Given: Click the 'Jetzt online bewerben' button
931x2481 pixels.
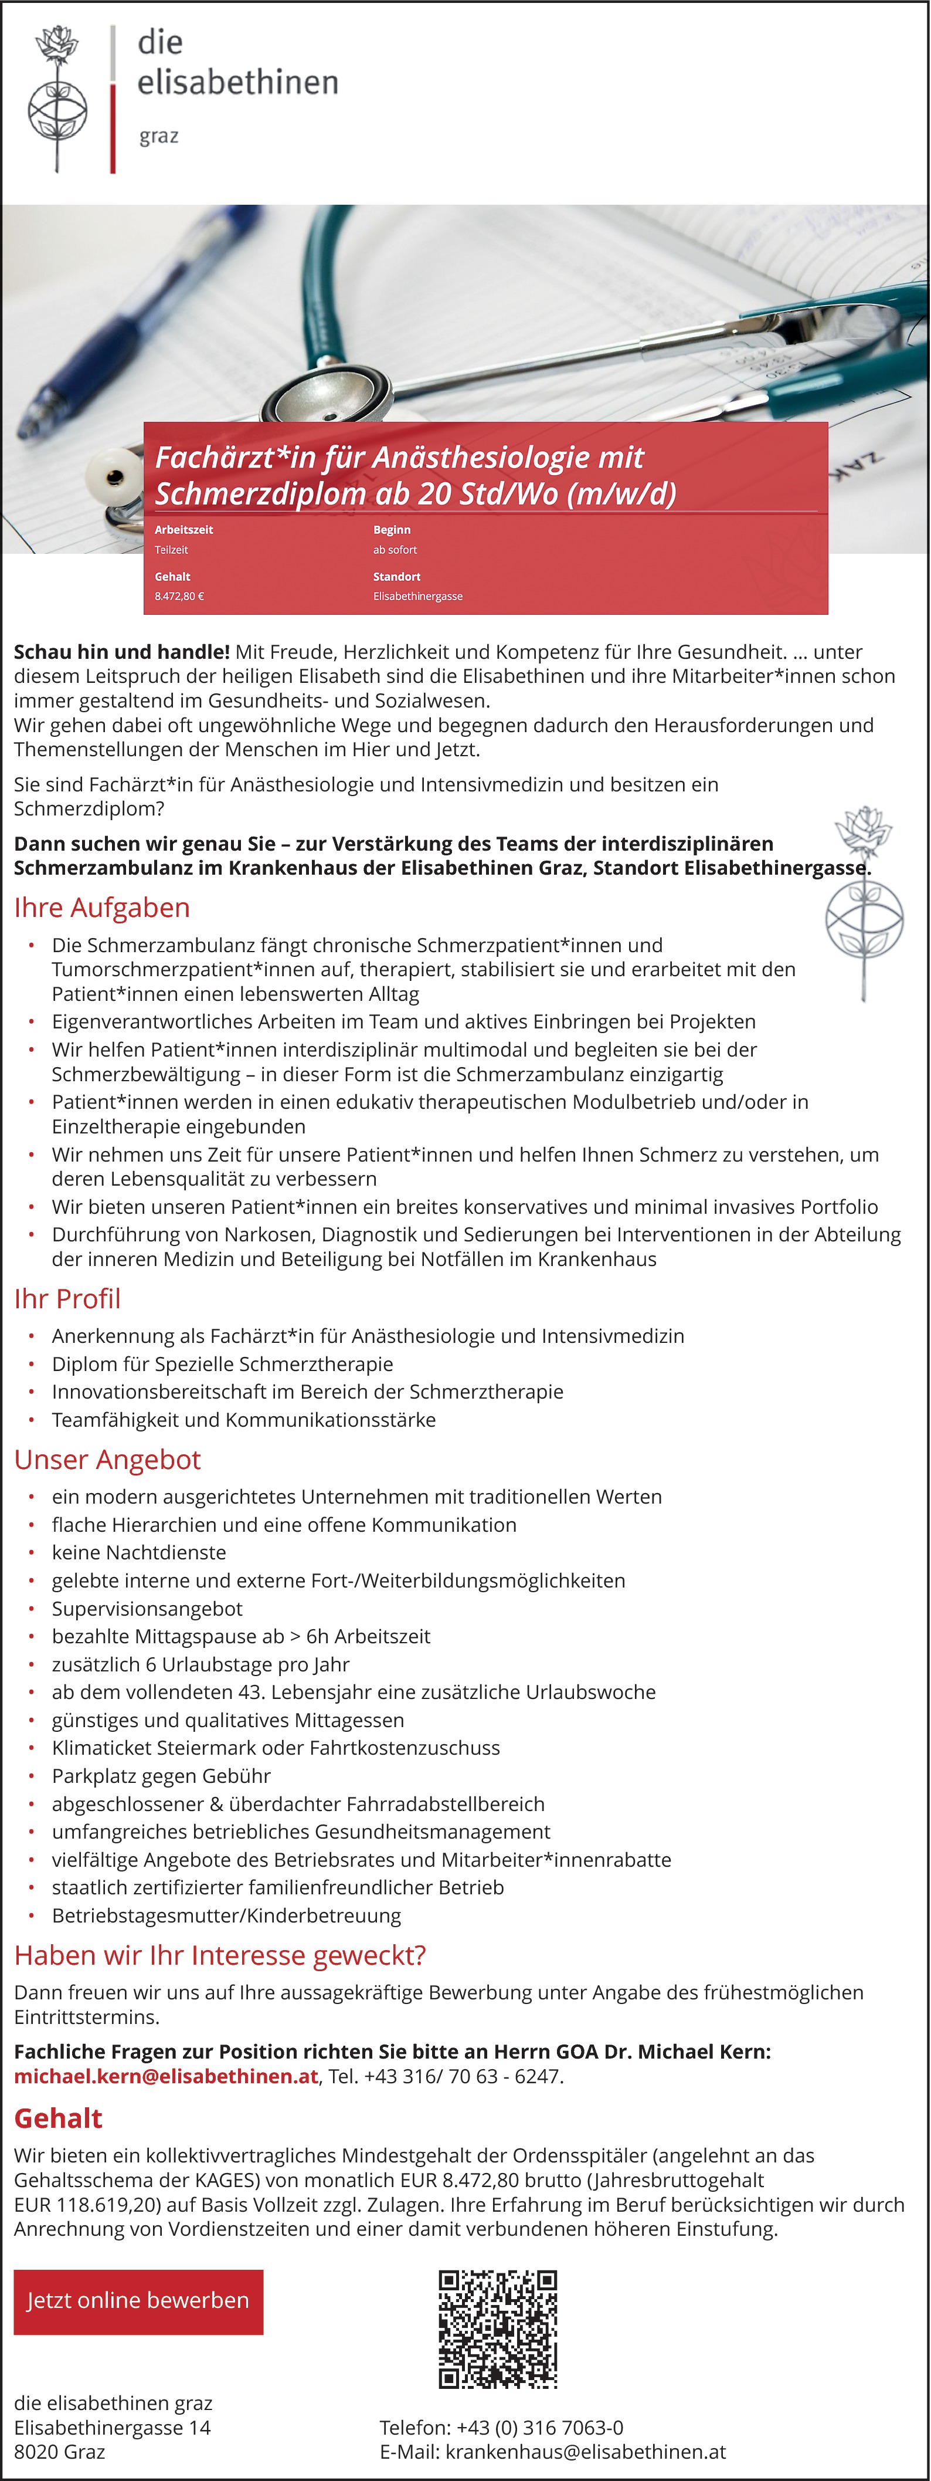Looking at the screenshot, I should coord(138,2301).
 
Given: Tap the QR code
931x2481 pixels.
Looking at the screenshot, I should coord(498,2329).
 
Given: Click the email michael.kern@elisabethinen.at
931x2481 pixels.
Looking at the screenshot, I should coord(165,2076).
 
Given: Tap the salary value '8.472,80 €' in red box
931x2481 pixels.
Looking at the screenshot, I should coord(179,596).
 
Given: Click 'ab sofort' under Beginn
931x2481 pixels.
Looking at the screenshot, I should coord(395,550).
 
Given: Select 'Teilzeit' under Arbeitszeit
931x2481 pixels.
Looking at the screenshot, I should coord(171,550).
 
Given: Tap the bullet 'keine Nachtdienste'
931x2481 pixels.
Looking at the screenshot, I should coord(138,1552).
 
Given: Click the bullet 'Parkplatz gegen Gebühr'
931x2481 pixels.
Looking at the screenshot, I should coord(161,1775).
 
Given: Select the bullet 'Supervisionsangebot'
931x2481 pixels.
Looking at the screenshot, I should coord(147,1609).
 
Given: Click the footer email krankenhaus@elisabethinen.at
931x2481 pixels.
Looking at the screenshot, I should coord(585,2452).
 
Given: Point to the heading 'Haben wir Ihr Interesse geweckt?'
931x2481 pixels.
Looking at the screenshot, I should coord(219,1955).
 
